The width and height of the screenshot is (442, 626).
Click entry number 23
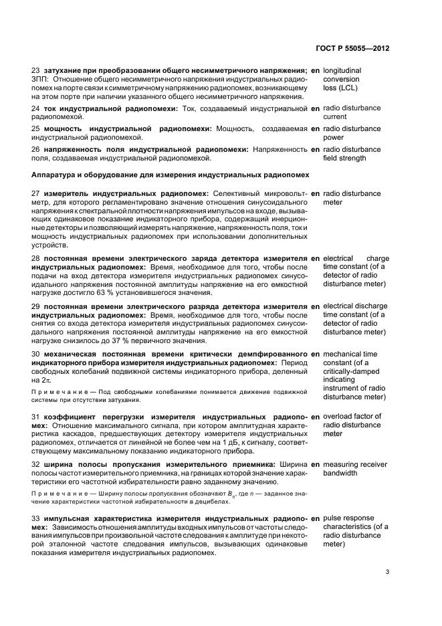36,70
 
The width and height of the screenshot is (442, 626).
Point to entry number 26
36,149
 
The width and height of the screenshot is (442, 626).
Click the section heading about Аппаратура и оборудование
171,175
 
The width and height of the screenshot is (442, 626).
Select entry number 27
36,193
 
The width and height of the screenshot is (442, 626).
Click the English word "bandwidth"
340,473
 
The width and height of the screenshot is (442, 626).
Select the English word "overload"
339,416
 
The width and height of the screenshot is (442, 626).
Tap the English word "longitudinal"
342,70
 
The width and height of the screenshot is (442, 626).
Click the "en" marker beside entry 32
315,463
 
